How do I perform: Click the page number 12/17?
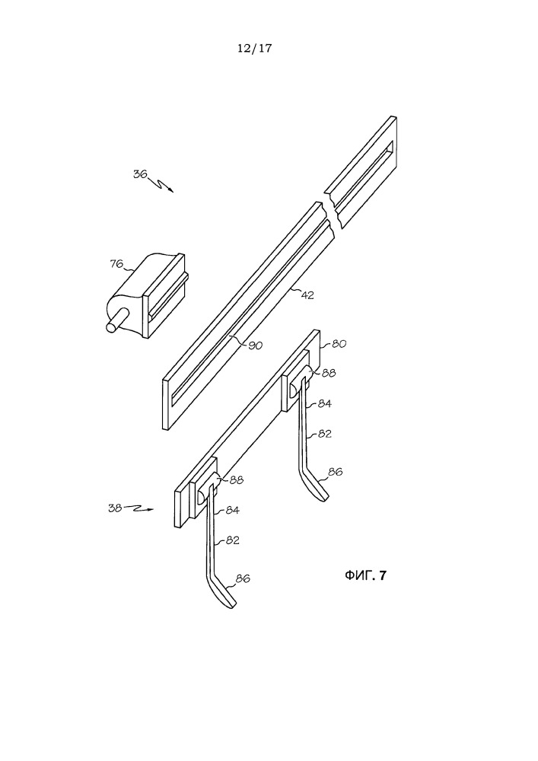pyautogui.click(x=254, y=48)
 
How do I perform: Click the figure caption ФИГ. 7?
pyautogui.click(x=366, y=575)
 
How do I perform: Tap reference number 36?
pyautogui.click(x=140, y=174)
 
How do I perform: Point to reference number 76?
pyautogui.click(x=116, y=264)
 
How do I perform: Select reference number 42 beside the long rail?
pyautogui.click(x=307, y=295)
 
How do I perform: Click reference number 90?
pyautogui.click(x=255, y=345)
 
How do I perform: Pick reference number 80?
pyautogui.click(x=339, y=344)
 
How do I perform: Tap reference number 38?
pyautogui.click(x=114, y=509)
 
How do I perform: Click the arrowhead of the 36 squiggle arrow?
pyautogui.click(x=170, y=190)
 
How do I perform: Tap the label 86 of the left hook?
pyautogui.click(x=243, y=578)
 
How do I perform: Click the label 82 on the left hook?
pyautogui.click(x=232, y=540)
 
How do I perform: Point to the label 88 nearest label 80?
pyautogui.click(x=329, y=373)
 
